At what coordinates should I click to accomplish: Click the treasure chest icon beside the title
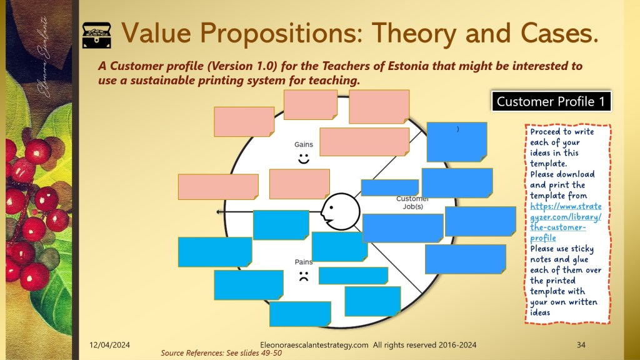pyautogui.click(x=97, y=35)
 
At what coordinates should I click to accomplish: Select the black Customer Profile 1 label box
pyautogui.click(x=551, y=101)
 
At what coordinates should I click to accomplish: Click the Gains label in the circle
pyautogui.click(x=304, y=144)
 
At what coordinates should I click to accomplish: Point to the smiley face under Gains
pyautogui.click(x=304, y=158)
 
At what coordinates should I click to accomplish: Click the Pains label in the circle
pyautogui.click(x=304, y=262)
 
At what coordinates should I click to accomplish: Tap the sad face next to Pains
pyautogui.click(x=304, y=276)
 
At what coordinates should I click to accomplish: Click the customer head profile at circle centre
pyautogui.click(x=341, y=212)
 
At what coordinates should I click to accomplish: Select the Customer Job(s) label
pyautogui.click(x=412, y=203)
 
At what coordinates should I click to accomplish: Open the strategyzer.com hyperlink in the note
pyautogui.click(x=565, y=222)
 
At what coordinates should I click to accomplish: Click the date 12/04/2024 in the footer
pyautogui.click(x=110, y=345)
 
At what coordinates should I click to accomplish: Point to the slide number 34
pyautogui.click(x=581, y=345)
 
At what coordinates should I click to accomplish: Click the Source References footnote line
pyautogui.click(x=221, y=353)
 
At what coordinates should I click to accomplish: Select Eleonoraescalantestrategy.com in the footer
pyautogui.click(x=314, y=345)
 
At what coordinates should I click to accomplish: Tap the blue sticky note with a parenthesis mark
pyautogui.click(x=457, y=142)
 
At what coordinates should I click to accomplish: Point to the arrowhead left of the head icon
pyautogui.click(x=219, y=212)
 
